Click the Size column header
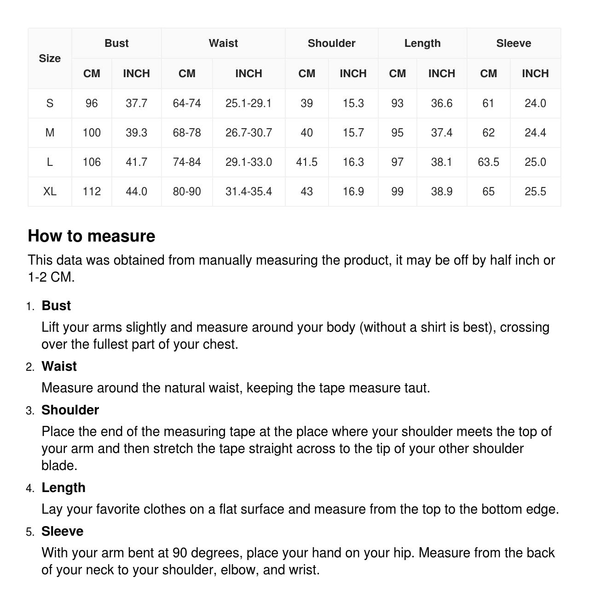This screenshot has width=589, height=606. coord(50,58)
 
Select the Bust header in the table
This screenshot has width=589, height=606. coord(116,43)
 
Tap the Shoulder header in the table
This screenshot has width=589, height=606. coord(331,43)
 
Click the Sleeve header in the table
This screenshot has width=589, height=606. coord(514,43)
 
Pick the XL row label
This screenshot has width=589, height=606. coord(50,192)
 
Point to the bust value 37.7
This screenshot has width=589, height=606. coord(136,103)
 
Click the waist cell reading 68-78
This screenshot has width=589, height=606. coord(187,133)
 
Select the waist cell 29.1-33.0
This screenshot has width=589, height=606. coord(248,162)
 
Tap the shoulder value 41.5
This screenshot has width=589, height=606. coord(306,162)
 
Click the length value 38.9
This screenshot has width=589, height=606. coord(441,192)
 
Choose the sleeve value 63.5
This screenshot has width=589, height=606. coord(488,162)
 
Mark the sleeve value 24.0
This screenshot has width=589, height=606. coord(535,103)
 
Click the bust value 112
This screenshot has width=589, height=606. coord(92,192)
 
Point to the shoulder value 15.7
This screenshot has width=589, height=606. coord(353,133)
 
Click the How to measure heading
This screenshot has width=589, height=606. coord(92,236)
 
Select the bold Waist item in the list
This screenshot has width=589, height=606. coord(59,366)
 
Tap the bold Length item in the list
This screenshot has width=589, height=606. coord(64,487)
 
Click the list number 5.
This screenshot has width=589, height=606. coord(30,532)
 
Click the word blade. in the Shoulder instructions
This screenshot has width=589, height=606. coord(59,465)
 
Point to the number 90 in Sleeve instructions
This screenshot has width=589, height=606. coord(180,553)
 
